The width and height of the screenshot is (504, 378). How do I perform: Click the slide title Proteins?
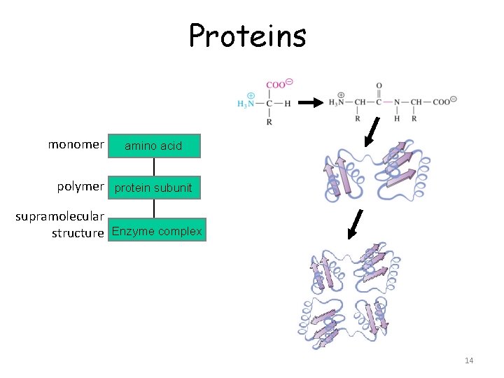[247, 35]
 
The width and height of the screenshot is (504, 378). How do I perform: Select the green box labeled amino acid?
[153, 146]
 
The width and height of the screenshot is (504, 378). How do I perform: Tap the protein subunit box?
[153, 188]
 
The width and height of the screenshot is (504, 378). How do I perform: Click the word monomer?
[76, 145]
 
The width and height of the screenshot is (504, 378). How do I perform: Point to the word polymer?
[80, 187]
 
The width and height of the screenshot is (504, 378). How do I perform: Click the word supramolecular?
[60, 216]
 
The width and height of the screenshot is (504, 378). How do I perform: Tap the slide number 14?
[468, 360]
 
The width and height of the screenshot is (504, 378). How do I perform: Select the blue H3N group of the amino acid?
[246, 103]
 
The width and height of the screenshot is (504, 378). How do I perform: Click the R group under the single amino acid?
[269, 122]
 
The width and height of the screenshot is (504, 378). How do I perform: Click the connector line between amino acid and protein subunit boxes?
[153, 167]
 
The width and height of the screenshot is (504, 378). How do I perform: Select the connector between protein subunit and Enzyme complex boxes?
[153, 209]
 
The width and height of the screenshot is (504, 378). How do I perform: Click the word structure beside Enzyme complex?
[78, 233]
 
